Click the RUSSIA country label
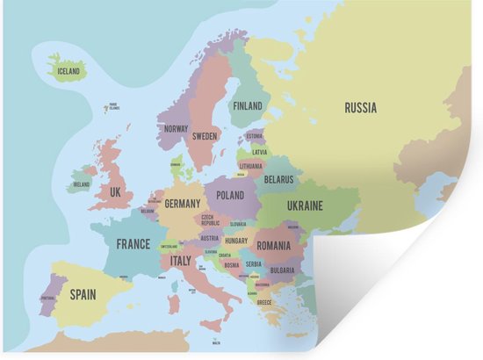coord(360,108)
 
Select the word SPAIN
coord(83,295)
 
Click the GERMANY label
coord(183,204)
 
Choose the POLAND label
coord(230,195)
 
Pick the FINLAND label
coord(248,105)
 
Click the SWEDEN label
coord(205,136)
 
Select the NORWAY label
coord(176,128)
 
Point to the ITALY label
coord(180,261)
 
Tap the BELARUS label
coord(278,178)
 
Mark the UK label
coord(115,191)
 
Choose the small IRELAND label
coord(81,185)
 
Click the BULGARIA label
coord(282,270)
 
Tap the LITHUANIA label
coord(251,165)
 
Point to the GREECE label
coord(264,302)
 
